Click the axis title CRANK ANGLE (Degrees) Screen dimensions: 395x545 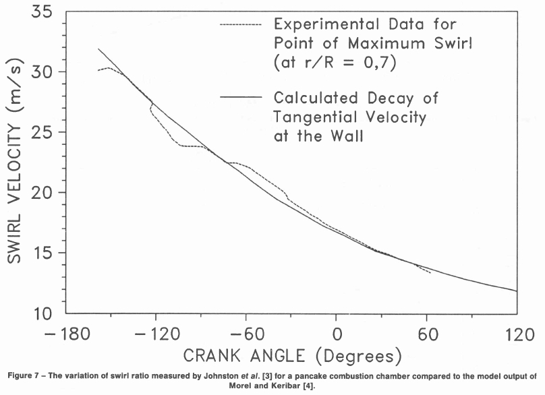coord(293,355)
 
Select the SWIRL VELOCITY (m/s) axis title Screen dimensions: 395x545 coord(15,162)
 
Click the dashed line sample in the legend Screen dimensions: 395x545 coord(240,25)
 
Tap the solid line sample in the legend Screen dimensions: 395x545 coord(240,98)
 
